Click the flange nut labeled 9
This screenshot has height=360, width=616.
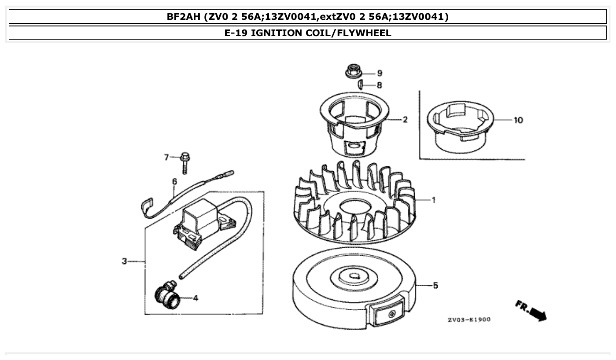[352, 71]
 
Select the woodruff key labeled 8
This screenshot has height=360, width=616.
[360, 84]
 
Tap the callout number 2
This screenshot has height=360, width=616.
[405, 120]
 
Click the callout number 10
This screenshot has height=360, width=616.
[518, 120]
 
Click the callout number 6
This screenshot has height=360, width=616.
[174, 181]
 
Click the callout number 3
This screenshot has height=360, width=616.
[125, 261]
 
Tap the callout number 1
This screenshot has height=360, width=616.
[433, 200]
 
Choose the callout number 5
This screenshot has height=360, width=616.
[435, 286]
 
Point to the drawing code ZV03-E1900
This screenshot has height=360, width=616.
[469, 320]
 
